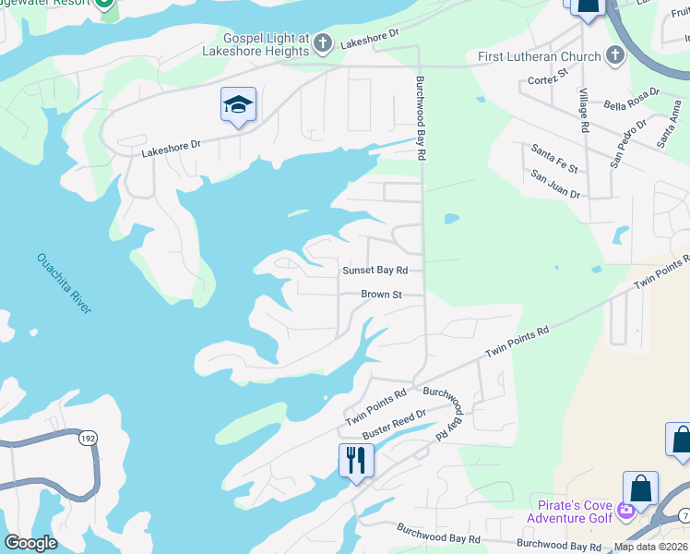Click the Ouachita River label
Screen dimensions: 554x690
[64, 283]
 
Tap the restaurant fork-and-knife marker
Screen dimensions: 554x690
[356, 459]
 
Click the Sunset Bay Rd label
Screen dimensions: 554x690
[375, 271]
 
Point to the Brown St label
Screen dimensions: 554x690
[381, 295]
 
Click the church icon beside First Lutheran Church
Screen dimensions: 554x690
[615, 56]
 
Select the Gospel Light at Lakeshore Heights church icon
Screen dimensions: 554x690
[323, 43]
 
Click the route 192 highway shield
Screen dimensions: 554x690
[89, 439]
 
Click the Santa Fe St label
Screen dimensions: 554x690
[553, 158]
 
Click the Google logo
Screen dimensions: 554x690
[31, 543]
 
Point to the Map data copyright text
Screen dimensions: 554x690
[651, 547]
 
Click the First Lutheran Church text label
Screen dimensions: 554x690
[540, 57]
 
